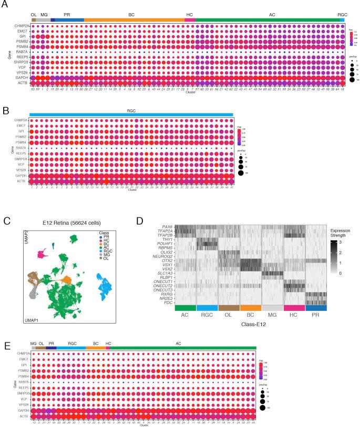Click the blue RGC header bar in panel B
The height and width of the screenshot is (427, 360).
click(131, 113)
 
